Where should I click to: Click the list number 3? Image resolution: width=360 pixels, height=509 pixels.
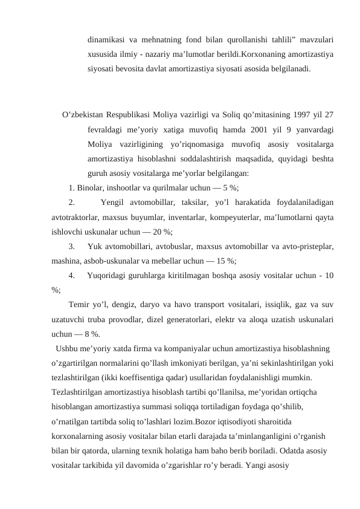(72, 246)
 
